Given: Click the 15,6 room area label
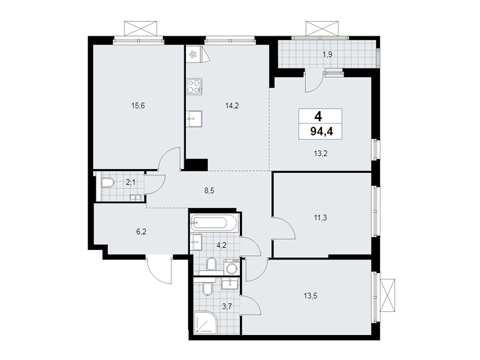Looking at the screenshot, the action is coord(138,106).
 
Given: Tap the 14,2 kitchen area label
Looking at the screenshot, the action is coord(232,106).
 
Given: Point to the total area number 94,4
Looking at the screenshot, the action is coord(322,132).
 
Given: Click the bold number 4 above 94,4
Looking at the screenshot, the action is coord(318,117).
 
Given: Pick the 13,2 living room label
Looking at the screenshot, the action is coord(321,154).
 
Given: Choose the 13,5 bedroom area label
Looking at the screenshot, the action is coord(310,296).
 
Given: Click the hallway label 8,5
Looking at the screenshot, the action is coord(209,190).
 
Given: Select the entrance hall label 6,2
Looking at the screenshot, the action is coord(141,232).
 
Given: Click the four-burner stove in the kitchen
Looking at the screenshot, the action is coord(194,86).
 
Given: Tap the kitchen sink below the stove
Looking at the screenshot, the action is coord(194,119).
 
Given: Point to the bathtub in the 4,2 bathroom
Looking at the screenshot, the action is coord(214,223).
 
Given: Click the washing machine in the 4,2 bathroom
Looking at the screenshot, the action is coord(232,267).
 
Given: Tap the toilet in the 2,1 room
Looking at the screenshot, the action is coord(108,182).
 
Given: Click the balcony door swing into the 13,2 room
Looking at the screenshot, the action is coord(313,82).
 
